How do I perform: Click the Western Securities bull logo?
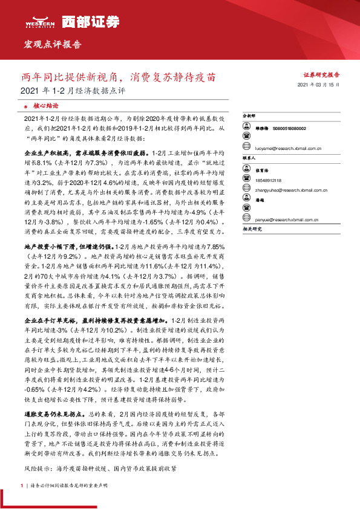click(40, 19)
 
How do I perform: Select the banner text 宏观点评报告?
click(52, 45)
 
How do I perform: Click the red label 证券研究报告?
click(321, 74)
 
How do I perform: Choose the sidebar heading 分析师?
click(249, 114)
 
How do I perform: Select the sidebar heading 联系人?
click(249, 157)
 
